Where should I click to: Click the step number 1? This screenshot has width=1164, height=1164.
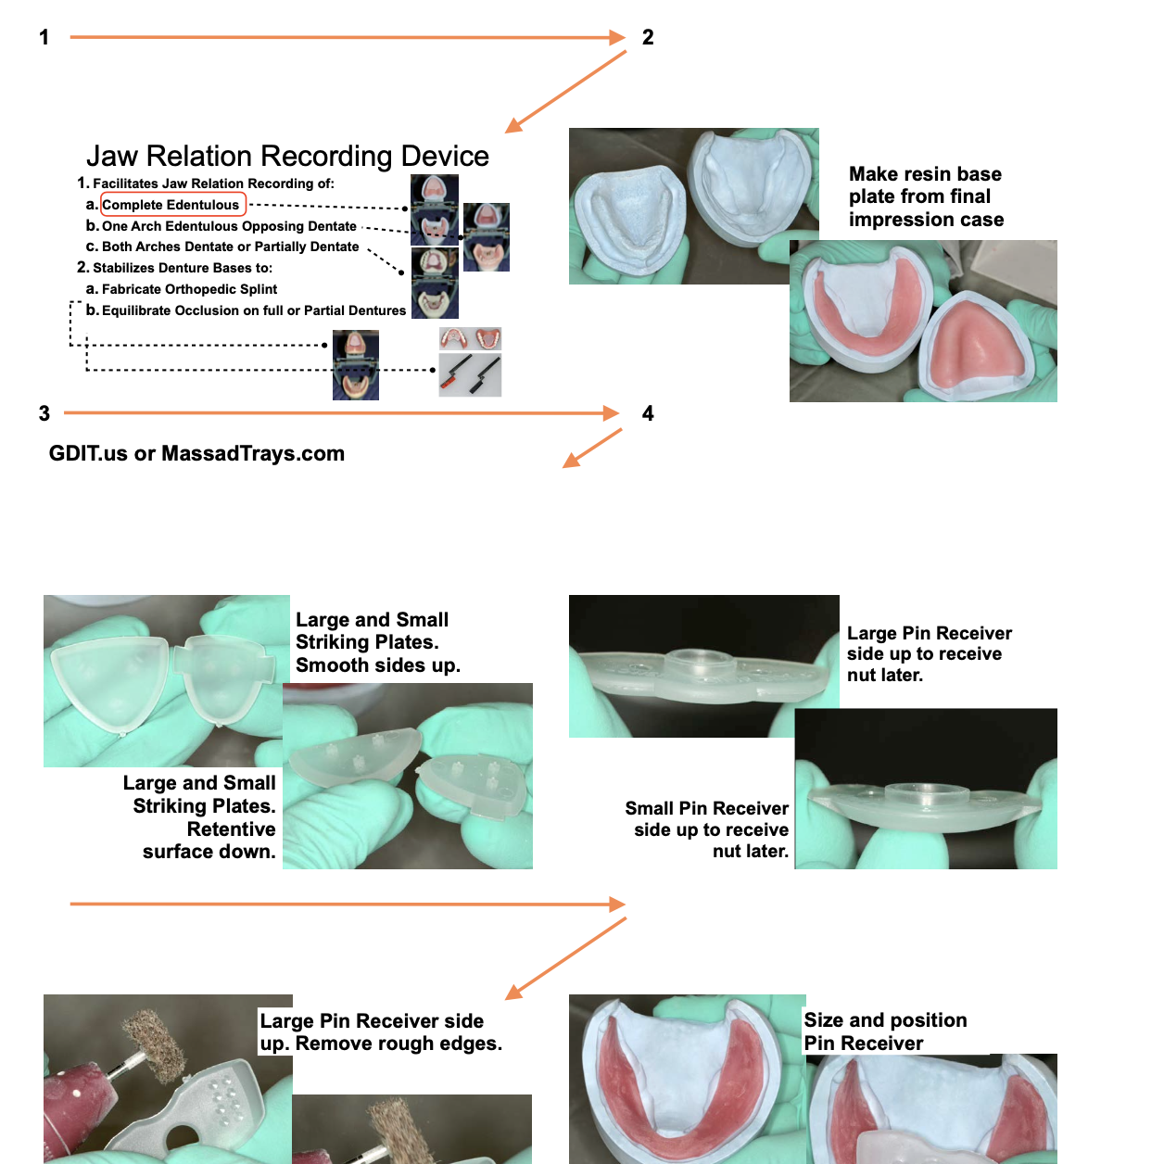[44, 37]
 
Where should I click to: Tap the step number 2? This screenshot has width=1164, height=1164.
[648, 37]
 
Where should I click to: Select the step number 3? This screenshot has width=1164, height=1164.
[44, 413]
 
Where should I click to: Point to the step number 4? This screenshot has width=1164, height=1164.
[648, 413]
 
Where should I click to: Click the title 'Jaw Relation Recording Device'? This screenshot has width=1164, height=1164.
[287, 156]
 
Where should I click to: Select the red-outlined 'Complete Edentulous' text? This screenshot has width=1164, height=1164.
[173, 204]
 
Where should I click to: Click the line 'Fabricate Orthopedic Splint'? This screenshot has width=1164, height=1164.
[189, 289]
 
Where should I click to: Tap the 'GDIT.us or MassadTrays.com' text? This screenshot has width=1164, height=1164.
[196, 453]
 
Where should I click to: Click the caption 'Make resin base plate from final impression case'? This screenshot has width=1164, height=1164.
[926, 196]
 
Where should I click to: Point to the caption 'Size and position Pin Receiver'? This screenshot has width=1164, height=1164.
[885, 1031]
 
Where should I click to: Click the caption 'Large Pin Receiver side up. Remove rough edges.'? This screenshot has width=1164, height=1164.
[381, 1031]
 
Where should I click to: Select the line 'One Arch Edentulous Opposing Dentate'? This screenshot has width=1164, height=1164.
[229, 226]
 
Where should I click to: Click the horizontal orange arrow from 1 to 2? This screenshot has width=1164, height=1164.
[348, 37]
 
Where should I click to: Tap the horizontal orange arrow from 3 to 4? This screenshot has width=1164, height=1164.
[341, 413]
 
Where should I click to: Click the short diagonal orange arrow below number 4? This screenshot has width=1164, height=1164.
[592, 449]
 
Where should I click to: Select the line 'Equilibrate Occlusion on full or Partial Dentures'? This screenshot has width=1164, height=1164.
[254, 310]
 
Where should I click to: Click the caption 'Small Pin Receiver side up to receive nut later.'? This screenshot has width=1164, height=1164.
[707, 829]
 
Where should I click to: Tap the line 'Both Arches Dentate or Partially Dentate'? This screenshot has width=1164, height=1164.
[230, 247]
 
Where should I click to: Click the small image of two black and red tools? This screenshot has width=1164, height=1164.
[470, 375]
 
